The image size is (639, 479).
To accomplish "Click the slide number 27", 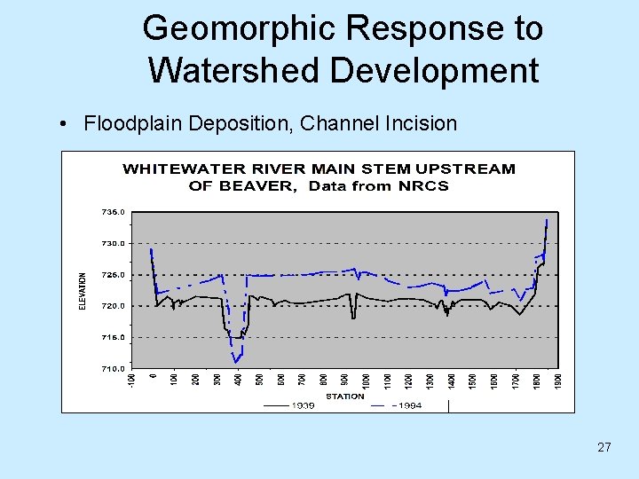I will pos(603,447).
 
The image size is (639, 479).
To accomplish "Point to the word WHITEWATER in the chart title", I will pos(175,169).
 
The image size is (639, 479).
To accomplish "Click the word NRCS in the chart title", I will pos(424,185).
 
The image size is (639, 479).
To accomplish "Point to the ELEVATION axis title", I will pos(83,290).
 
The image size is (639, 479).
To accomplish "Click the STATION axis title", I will pos(344,396).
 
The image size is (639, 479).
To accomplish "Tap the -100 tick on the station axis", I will pos(130,380).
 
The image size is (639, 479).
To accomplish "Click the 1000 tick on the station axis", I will pos(366,380).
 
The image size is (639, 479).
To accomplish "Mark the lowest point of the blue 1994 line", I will pos(236,363).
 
